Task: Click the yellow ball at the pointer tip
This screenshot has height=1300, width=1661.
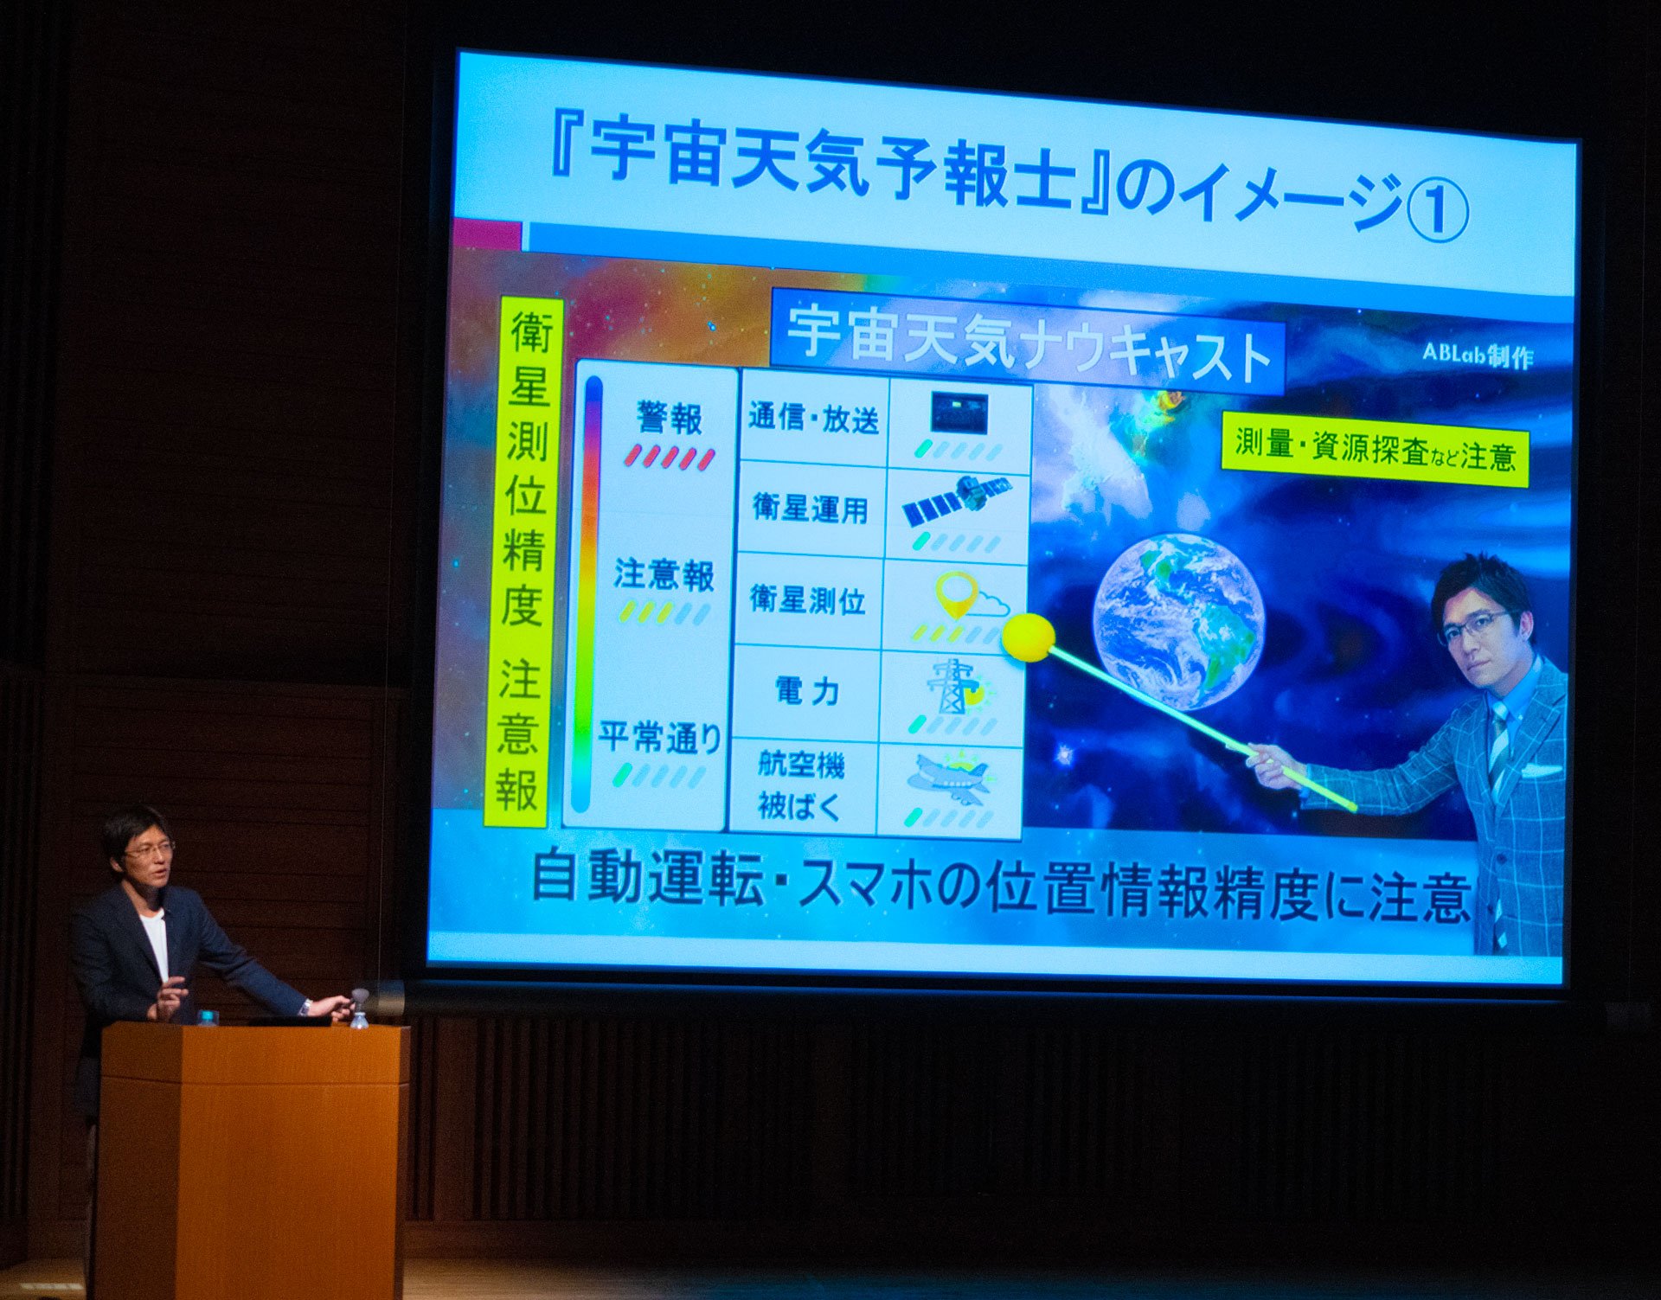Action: (1029, 637)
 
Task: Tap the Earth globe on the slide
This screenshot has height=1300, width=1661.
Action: (1178, 622)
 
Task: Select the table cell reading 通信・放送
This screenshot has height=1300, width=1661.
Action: (814, 419)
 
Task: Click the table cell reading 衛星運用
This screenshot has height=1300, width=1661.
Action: (811, 509)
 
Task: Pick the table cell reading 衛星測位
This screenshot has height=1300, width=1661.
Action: (807, 599)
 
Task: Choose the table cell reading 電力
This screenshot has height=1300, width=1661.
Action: (805, 691)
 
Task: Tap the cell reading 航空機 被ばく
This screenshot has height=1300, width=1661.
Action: (801, 784)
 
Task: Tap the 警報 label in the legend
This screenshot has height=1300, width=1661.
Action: (670, 419)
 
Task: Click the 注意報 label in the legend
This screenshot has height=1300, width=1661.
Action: (664, 575)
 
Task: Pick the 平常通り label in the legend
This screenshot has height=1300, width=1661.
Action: (660, 738)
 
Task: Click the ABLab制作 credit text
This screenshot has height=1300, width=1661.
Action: (1478, 355)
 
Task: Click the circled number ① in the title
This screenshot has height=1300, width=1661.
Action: (1437, 210)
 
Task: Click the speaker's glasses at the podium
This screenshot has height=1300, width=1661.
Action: (149, 851)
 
